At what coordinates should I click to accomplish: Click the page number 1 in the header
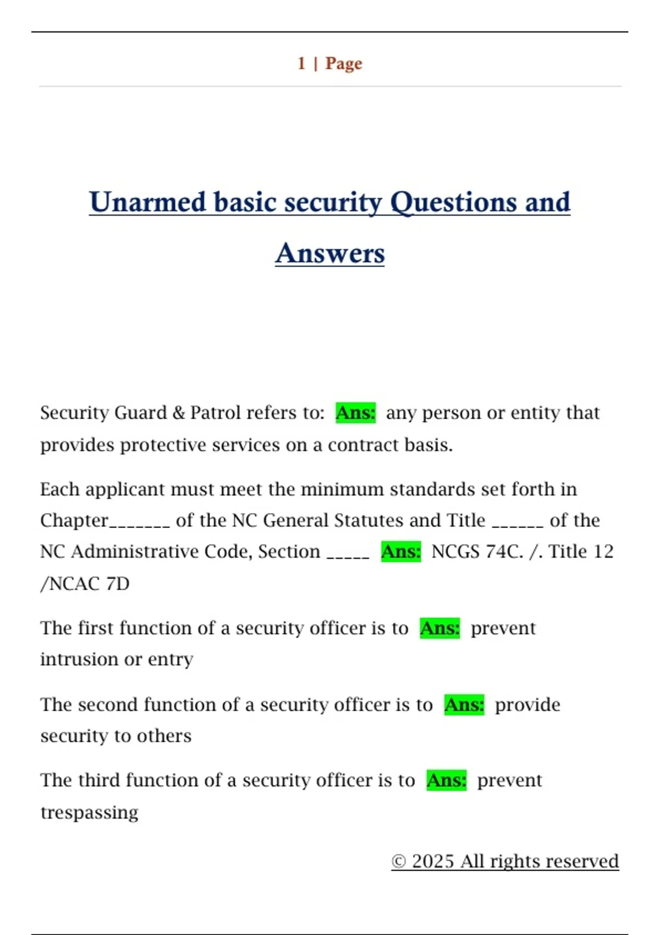point(301,63)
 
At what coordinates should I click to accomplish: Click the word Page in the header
point(344,63)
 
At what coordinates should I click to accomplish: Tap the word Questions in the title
point(453,202)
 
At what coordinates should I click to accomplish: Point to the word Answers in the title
point(330,254)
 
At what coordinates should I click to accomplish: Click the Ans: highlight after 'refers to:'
point(356,413)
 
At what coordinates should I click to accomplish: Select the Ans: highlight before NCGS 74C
point(401,551)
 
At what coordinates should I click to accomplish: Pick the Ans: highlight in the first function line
point(440,628)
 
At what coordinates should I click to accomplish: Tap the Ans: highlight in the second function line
point(464,705)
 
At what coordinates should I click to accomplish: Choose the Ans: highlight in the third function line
point(447,780)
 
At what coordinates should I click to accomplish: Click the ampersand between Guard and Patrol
point(179,413)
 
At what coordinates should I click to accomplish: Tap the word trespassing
point(90,812)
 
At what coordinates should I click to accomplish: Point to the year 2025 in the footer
point(433,861)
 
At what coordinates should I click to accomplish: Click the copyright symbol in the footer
point(399,861)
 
